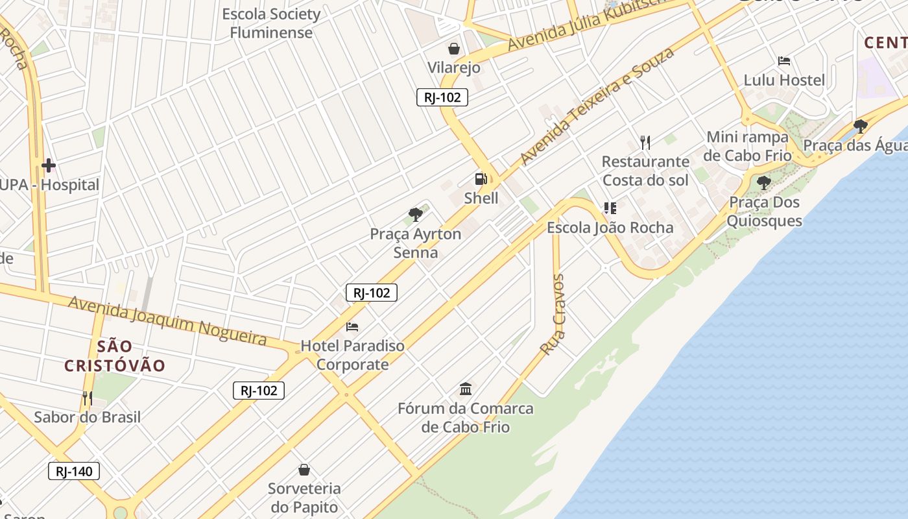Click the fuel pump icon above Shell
tap(481, 179)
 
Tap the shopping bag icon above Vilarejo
tap(454, 49)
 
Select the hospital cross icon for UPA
tap(49, 165)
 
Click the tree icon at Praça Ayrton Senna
tap(416, 214)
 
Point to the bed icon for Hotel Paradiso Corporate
tap(352, 326)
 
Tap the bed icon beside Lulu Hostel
tap(784, 61)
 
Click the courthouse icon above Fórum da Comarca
tap(466, 389)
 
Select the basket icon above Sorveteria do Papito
tap(304, 469)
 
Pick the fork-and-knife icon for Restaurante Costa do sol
tap(645, 142)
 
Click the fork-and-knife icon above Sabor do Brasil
tap(88, 398)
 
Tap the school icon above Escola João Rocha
tap(610, 208)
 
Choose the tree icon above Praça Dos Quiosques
tap(764, 183)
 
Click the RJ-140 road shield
tap(74, 471)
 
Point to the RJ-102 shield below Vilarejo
tap(442, 97)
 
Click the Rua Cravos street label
tap(554, 315)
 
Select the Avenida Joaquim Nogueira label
tap(167, 320)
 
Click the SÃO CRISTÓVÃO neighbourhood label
tap(115, 356)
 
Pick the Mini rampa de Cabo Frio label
tap(747, 146)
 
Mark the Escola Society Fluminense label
tap(271, 23)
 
